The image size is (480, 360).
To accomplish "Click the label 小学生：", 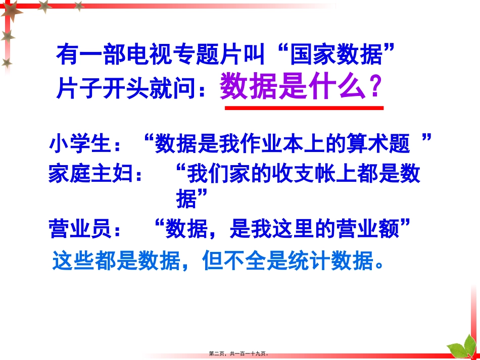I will click(x=86, y=144).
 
